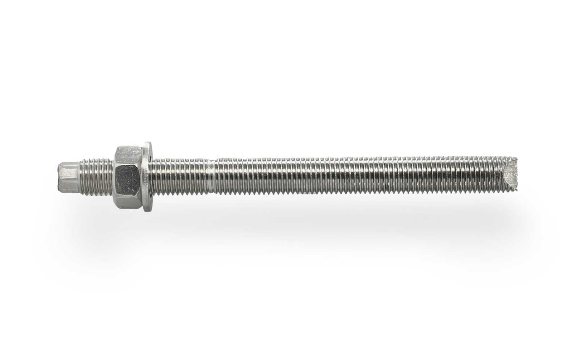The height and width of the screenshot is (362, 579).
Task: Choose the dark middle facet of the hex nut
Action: pyautogui.click(x=129, y=177)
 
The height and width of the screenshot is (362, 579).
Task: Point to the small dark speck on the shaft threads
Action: pyautogui.click(x=388, y=187)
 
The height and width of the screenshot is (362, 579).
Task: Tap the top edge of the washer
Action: pyautogui.click(x=148, y=143)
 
